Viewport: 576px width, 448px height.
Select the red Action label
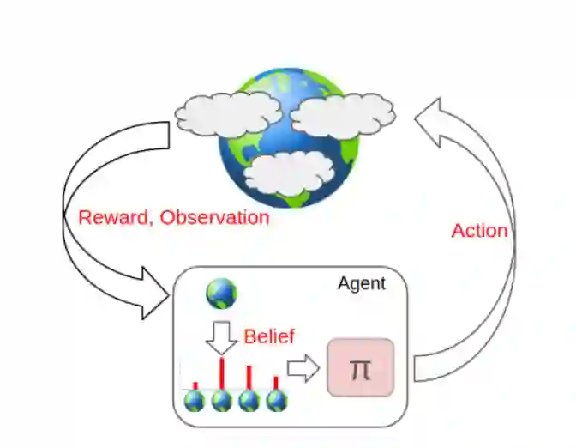(x=479, y=230)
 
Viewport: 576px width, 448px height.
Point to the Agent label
(x=361, y=283)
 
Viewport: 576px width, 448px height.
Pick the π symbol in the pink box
(x=360, y=369)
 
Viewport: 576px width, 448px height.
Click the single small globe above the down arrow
(x=221, y=294)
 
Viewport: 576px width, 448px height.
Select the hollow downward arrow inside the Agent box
(x=222, y=337)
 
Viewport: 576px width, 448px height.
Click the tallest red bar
(x=223, y=373)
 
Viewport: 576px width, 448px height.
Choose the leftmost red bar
(x=195, y=385)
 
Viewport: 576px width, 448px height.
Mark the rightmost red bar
(x=275, y=382)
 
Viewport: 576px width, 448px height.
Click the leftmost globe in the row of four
(x=195, y=401)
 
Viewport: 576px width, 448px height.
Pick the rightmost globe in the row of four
(x=276, y=401)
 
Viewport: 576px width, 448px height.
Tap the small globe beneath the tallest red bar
(x=222, y=401)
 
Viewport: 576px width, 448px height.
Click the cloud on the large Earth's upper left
(x=226, y=111)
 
